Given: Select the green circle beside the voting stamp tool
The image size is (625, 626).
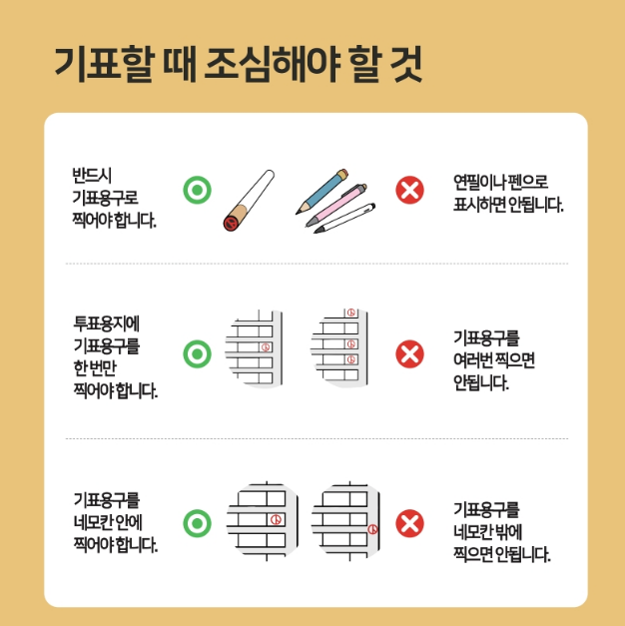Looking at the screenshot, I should (x=198, y=190).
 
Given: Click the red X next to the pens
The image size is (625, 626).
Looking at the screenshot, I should (x=409, y=190).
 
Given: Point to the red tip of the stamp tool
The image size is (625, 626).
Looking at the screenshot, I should (x=231, y=224).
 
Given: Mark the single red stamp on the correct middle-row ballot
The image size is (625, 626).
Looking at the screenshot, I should (x=265, y=347).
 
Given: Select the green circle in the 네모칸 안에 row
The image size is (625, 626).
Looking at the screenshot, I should (x=198, y=522).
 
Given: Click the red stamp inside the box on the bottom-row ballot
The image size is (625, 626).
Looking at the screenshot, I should (x=277, y=520).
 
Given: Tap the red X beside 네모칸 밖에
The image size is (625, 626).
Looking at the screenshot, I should (x=409, y=522).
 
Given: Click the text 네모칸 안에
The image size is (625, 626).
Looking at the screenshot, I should (x=109, y=521).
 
